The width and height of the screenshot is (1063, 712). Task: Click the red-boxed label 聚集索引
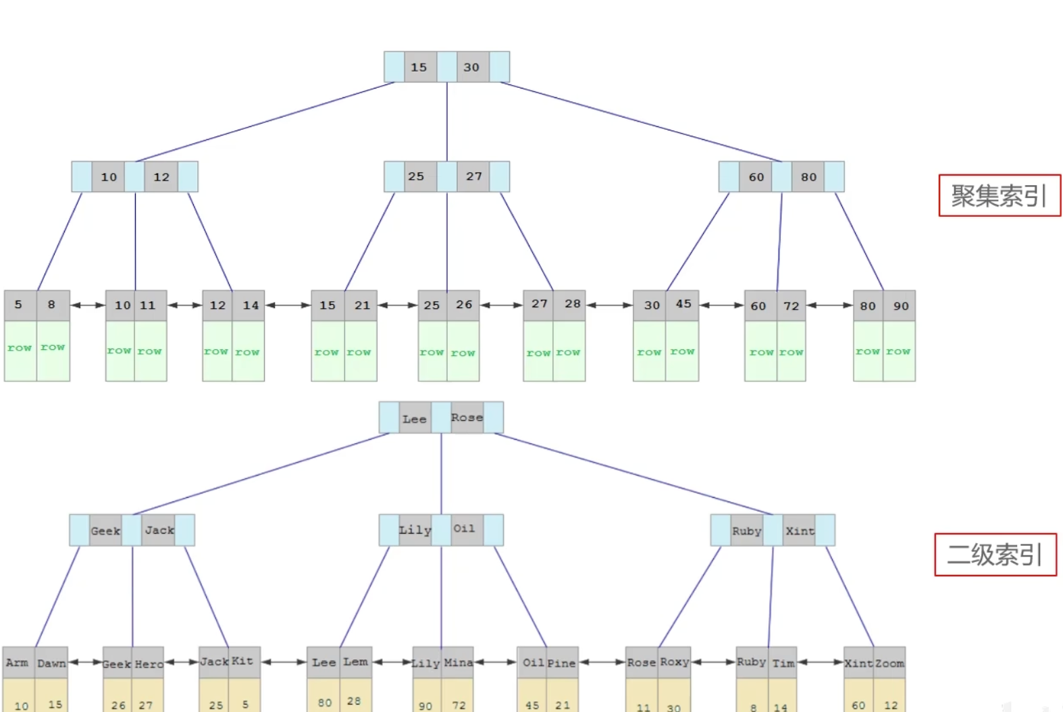click(x=999, y=196)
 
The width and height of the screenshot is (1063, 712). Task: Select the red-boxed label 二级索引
click(x=995, y=555)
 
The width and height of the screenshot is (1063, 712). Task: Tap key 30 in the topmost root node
click(x=472, y=67)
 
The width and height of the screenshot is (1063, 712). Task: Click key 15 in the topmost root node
click(x=419, y=67)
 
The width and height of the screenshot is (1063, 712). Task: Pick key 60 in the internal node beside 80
click(x=756, y=177)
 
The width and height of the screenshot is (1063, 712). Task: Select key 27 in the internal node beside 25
click(x=474, y=176)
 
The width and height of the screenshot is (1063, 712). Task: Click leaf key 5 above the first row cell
click(x=19, y=305)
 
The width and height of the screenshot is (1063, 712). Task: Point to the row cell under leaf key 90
click(x=899, y=351)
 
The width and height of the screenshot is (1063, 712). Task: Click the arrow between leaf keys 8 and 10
click(x=87, y=305)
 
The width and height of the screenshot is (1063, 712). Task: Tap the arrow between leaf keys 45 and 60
click(x=721, y=305)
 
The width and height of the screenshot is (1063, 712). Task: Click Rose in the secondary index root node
click(x=467, y=417)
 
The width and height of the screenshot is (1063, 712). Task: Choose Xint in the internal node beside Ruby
click(x=800, y=531)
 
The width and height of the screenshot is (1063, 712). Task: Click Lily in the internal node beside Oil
click(x=415, y=530)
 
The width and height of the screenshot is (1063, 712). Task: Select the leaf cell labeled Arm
click(x=18, y=663)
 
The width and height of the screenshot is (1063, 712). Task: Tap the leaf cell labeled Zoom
click(x=889, y=663)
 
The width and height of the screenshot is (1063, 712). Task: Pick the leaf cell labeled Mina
click(x=458, y=663)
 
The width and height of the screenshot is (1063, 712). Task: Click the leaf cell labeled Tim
click(x=783, y=663)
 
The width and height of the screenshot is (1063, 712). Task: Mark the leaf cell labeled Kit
click(x=242, y=661)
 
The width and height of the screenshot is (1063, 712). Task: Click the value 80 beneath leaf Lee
click(x=325, y=703)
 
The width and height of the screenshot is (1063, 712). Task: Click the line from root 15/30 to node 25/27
click(x=446, y=122)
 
